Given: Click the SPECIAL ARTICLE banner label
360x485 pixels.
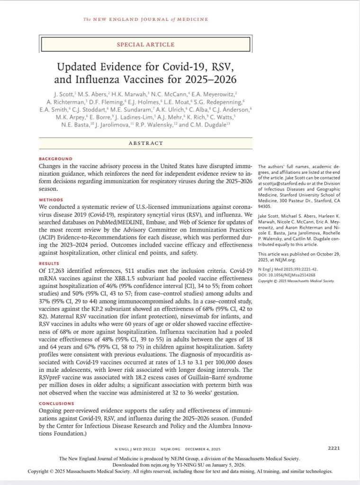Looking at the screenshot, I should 145,44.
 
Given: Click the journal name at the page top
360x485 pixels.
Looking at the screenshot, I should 145,19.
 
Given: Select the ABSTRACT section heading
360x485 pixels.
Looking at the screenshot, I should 146,143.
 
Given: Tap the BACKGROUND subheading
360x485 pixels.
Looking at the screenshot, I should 56,159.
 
